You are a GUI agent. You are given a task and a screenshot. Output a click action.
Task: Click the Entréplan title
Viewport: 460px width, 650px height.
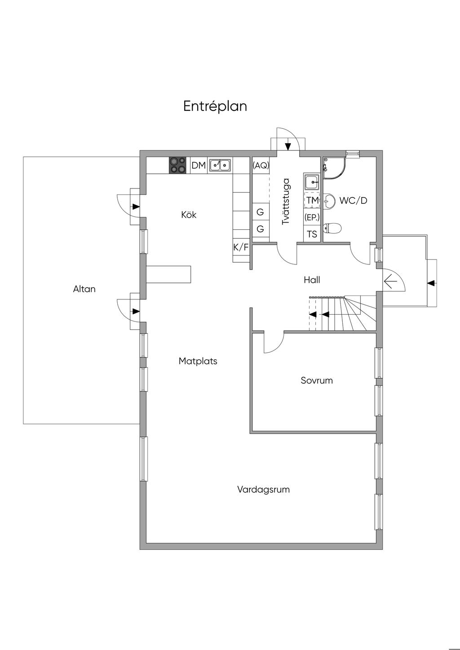click(x=215, y=106)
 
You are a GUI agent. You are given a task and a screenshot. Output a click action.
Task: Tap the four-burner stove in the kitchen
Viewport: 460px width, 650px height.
click(x=178, y=165)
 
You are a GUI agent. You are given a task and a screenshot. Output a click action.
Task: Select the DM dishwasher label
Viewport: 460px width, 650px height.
click(x=199, y=165)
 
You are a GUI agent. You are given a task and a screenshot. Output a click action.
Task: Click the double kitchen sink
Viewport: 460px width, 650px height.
click(x=220, y=165)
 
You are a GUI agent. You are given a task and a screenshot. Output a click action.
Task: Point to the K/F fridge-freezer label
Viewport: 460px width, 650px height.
click(x=241, y=247)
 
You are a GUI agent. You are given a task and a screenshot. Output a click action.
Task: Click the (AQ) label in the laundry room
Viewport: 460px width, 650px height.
click(x=261, y=165)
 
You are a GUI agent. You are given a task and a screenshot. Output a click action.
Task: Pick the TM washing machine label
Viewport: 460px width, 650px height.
click(x=313, y=200)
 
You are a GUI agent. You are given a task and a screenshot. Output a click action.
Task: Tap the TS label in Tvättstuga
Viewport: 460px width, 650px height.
click(x=312, y=234)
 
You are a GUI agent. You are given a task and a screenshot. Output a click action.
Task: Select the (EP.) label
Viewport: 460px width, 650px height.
click(x=312, y=217)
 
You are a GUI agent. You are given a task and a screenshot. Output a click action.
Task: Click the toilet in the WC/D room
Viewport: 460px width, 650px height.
click(x=332, y=228)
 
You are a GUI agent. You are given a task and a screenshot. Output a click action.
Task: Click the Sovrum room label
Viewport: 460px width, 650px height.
click(x=317, y=380)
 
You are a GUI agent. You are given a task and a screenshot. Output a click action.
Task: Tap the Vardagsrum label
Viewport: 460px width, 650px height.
click(x=263, y=490)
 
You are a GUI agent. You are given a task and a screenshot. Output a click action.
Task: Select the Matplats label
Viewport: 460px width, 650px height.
click(x=198, y=361)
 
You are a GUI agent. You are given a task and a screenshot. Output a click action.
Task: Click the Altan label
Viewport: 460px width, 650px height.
click(x=84, y=289)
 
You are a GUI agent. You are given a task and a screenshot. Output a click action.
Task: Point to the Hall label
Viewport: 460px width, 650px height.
click(x=312, y=280)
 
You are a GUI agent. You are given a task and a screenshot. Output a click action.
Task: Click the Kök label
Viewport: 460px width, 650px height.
click(x=189, y=215)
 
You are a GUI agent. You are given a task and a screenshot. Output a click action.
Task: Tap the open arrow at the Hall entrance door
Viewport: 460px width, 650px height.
click(x=390, y=281)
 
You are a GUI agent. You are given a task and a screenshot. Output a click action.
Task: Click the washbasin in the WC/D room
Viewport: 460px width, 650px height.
click(x=329, y=200)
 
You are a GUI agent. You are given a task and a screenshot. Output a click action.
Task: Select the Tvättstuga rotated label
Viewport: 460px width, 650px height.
click(x=286, y=202)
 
